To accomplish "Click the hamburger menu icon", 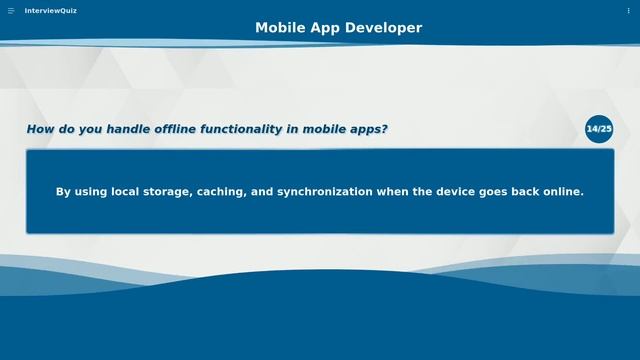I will click(11, 10).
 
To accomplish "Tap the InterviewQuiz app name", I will click(51, 10).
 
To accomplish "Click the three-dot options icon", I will click(629, 10).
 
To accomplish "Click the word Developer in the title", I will click(383, 28).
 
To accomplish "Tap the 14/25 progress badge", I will click(599, 129).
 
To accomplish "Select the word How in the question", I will click(39, 129).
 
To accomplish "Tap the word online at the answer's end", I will click(561, 191).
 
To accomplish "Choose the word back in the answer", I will click(522, 191).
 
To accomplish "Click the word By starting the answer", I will click(64, 191).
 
